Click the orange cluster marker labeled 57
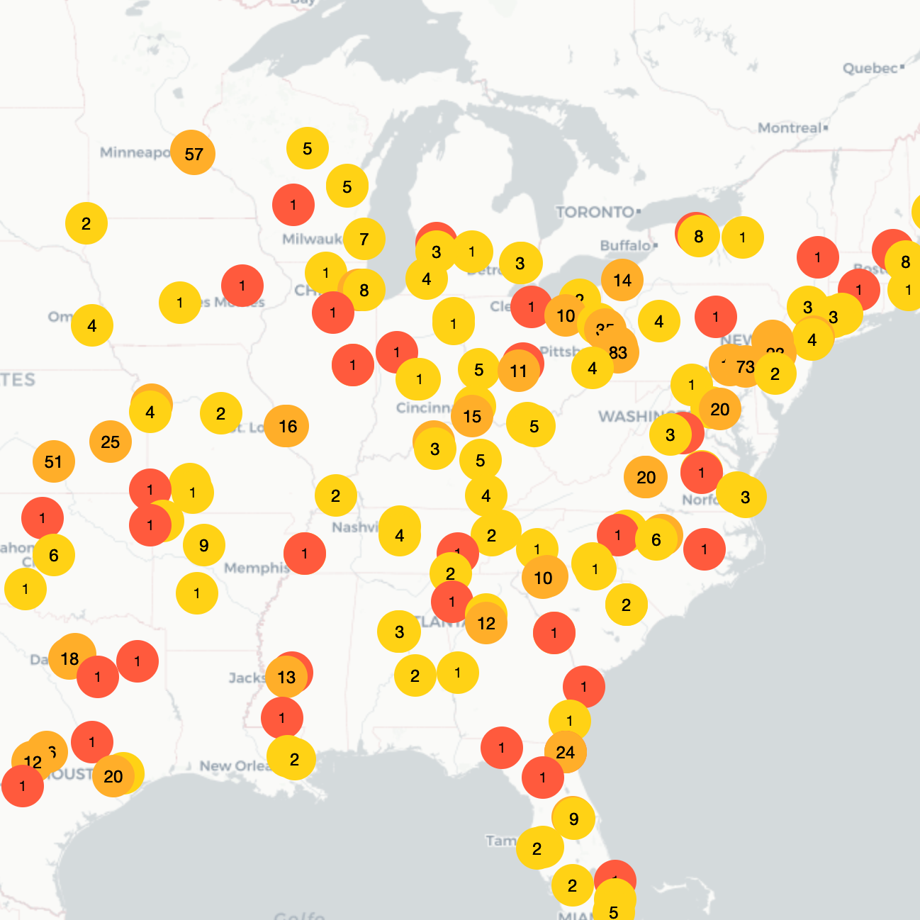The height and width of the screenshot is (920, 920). (x=193, y=153)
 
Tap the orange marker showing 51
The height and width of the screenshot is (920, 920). (x=54, y=461)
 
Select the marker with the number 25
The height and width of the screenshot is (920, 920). (x=111, y=442)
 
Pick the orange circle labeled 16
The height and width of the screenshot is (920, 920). (x=287, y=426)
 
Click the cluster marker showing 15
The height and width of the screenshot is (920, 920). (x=472, y=416)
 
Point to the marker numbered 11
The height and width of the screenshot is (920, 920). (x=518, y=371)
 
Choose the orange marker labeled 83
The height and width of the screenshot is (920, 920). (x=618, y=352)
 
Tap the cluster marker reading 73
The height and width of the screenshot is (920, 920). (x=745, y=366)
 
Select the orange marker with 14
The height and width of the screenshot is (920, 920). (x=622, y=280)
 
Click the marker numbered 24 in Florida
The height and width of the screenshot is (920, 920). (x=566, y=752)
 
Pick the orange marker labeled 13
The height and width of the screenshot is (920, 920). (x=286, y=677)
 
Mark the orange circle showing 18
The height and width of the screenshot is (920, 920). (x=70, y=658)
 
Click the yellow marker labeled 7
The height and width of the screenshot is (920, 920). (x=364, y=239)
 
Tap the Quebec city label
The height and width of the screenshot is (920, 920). (x=870, y=68)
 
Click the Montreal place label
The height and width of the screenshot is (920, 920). (x=790, y=128)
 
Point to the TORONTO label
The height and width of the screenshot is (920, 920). (x=595, y=212)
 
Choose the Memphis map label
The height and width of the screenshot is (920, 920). (x=255, y=568)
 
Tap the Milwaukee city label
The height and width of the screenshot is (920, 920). (x=312, y=239)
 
